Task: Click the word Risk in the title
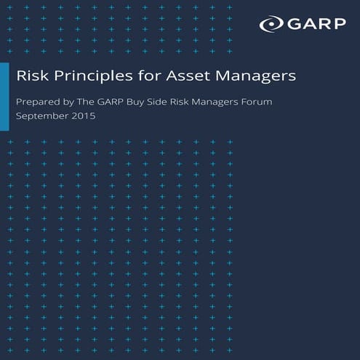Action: point(31,75)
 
